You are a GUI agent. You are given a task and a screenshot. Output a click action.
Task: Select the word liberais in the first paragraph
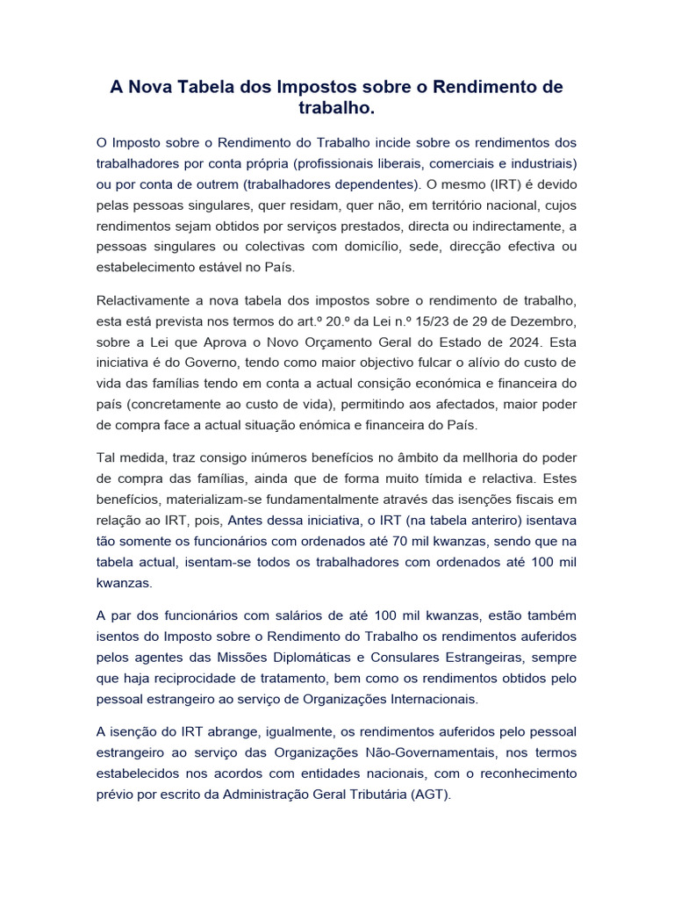coord(402,163)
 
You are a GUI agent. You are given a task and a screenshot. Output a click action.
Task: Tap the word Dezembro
coord(540,323)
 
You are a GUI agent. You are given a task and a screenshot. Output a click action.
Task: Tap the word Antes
coord(247,521)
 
